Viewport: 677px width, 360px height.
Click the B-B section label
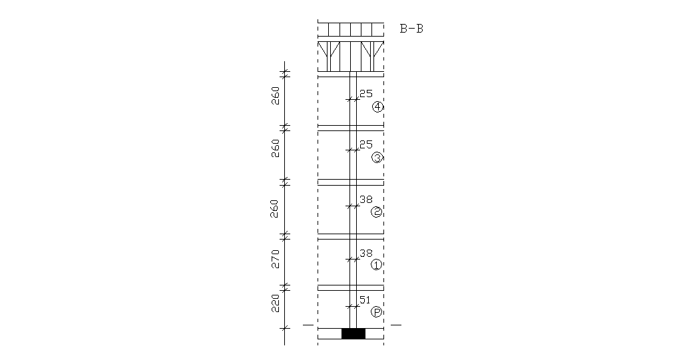411,29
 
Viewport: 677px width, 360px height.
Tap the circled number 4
377,107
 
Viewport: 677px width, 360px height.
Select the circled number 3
377,158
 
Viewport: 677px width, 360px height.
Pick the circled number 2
376,212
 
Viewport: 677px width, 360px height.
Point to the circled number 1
376,265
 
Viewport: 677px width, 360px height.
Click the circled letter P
376,312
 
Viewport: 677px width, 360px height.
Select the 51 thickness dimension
364,300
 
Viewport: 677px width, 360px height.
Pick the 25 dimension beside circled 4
365,94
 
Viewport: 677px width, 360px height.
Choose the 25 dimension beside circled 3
365,144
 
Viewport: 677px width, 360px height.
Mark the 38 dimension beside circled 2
365,199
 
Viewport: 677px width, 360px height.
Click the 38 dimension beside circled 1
365,254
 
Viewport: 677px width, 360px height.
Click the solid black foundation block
353,333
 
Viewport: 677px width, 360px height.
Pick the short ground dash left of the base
308,325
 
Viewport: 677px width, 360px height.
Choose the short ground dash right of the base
396,325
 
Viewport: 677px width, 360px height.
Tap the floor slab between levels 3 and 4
351,128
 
